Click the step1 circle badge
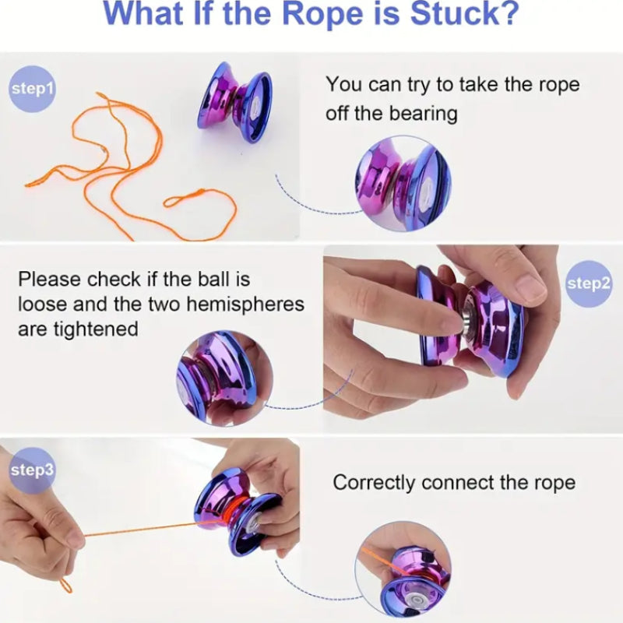32,89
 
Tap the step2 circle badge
588,283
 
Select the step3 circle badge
31,470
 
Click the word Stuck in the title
464,14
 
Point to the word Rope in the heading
322,14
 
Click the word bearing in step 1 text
423,114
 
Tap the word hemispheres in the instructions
245,304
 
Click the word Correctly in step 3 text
374,483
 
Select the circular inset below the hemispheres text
224,378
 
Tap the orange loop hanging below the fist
65,586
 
